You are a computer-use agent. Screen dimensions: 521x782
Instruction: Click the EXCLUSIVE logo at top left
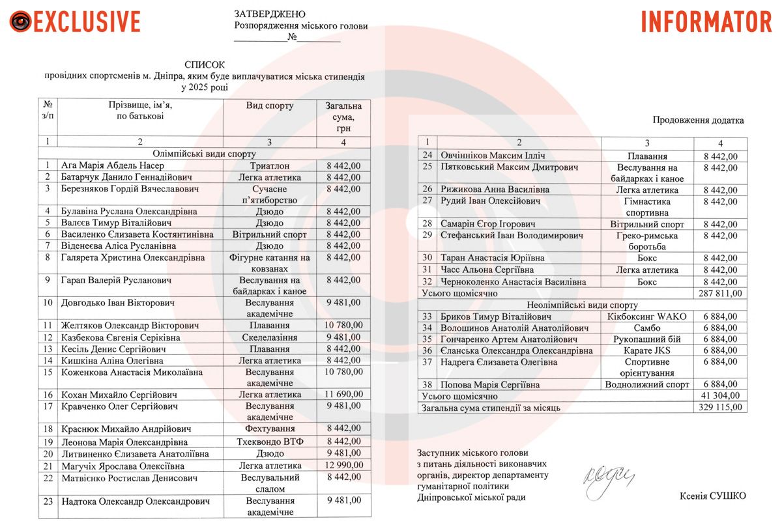click(x=75, y=21)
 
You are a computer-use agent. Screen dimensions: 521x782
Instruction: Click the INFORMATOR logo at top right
click(x=706, y=21)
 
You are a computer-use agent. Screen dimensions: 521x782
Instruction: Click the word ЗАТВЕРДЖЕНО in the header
click(x=269, y=14)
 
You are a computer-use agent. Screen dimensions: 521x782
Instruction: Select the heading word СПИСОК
click(x=204, y=64)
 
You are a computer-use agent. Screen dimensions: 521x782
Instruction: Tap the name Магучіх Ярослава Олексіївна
click(x=123, y=466)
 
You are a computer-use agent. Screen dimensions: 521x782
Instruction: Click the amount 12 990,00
click(x=343, y=466)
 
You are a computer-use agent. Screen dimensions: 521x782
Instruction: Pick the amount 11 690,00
click(x=343, y=395)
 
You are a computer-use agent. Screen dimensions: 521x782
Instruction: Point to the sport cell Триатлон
click(x=270, y=165)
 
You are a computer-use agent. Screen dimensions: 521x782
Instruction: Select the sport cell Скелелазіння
click(x=270, y=337)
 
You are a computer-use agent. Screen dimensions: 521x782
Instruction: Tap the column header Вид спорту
click(x=270, y=106)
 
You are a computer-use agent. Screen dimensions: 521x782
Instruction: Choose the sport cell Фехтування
click(x=270, y=429)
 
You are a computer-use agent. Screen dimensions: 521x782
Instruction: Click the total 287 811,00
click(x=720, y=293)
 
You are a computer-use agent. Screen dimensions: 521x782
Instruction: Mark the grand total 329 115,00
click(x=720, y=408)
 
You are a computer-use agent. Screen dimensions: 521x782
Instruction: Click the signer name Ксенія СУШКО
click(x=712, y=496)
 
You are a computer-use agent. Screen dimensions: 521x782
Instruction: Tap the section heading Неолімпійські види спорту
click(x=582, y=305)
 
